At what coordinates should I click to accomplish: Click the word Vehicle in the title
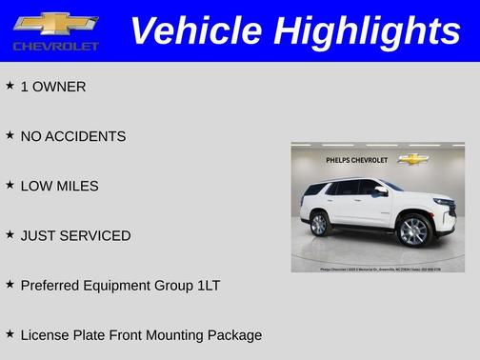(x=195, y=31)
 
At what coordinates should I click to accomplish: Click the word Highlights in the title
(x=367, y=31)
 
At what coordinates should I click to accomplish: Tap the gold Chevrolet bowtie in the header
(x=55, y=23)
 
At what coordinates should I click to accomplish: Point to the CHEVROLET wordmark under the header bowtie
(x=55, y=46)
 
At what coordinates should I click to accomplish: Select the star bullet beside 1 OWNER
(x=10, y=86)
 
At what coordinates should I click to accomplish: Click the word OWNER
(x=59, y=87)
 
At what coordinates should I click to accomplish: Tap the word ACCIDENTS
(x=86, y=136)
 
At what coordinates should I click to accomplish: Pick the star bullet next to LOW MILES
(x=10, y=185)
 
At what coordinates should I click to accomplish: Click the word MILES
(x=77, y=186)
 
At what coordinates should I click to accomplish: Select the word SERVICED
(x=96, y=235)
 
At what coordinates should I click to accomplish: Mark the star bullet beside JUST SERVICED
(x=10, y=234)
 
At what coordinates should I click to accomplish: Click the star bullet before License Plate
(x=10, y=333)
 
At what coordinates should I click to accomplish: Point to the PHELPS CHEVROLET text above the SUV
(x=357, y=159)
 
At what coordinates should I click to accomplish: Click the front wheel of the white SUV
(x=413, y=230)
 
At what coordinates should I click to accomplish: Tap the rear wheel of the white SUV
(x=319, y=224)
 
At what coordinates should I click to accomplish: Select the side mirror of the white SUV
(x=381, y=190)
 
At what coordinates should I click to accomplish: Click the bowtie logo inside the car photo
(x=412, y=159)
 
